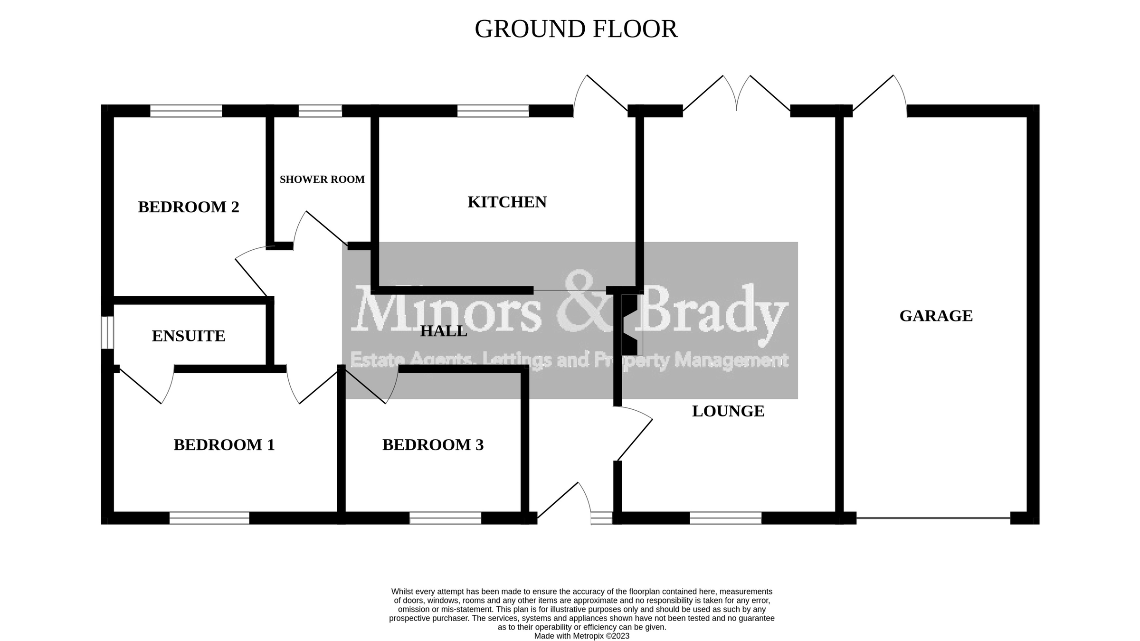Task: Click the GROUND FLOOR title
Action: tap(576, 29)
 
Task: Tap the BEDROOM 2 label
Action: tap(189, 207)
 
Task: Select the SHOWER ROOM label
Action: tap(322, 179)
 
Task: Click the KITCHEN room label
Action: tap(507, 202)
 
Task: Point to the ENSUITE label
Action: tap(189, 336)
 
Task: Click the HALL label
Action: tap(444, 331)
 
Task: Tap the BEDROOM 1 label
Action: tap(224, 445)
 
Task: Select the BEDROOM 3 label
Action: tap(433, 445)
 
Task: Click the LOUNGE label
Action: tap(728, 411)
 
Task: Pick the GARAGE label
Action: tap(936, 316)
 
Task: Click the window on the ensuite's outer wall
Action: tap(108, 332)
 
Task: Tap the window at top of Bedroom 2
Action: tap(186, 111)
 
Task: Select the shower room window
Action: tap(320, 111)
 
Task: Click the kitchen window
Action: tap(493, 111)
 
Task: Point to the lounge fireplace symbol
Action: tap(630, 325)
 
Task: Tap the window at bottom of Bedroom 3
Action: tap(445, 518)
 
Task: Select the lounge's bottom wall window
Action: tap(725, 518)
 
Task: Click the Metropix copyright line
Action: tap(581, 636)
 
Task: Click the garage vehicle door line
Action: tap(933, 518)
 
